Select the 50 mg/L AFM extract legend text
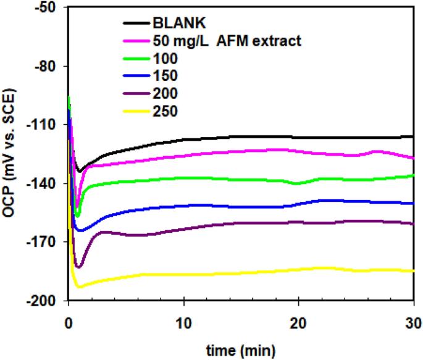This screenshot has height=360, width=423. [x=226, y=41]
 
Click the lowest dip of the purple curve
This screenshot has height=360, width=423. [x=78, y=267]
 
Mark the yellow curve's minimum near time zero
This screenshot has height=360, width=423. [x=79, y=287]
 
